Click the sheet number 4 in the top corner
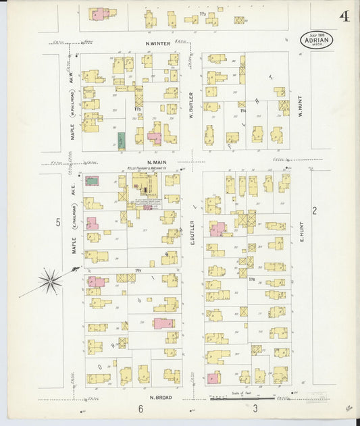coord(344,16)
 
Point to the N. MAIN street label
coord(156,163)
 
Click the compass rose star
coord(51,279)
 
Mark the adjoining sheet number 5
coord(59,222)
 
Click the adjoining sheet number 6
coord(141,408)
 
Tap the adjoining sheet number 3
coord(255,408)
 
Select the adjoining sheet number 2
coord(314,211)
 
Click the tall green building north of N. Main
coord(121,140)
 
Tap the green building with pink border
coord(92,180)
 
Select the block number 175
coord(138,109)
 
